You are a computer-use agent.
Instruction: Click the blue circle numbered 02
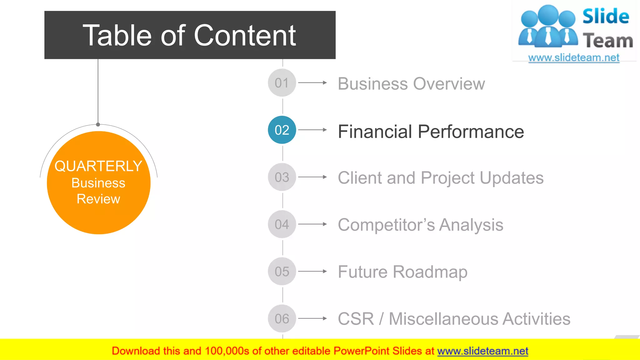[x=282, y=130]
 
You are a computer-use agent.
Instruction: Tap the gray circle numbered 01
[x=282, y=83]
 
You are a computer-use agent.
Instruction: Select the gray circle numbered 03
[x=282, y=177]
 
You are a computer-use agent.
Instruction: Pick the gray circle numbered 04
[x=282, y=224]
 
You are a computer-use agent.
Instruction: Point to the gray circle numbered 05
[x=282, y=271]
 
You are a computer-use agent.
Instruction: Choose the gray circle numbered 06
[x=282, y=318]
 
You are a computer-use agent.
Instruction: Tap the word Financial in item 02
[x=375, y=132]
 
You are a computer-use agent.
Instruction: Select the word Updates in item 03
[x=512, y=178]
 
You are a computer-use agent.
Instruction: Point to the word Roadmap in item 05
[x=430, y=272]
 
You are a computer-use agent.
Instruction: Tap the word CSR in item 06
[x=356, y=319]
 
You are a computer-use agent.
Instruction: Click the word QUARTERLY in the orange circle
[x=98, y=166]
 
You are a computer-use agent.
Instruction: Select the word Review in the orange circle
[x=98, y=199]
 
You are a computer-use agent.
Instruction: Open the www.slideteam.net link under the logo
[x=574, y=58]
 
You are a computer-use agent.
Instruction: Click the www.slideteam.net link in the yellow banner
[x=482, y=351]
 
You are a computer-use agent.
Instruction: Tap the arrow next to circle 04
[x=312, y=224]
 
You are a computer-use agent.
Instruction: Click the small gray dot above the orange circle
[x=98, y=124]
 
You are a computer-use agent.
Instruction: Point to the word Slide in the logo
[x=606, y=17]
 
